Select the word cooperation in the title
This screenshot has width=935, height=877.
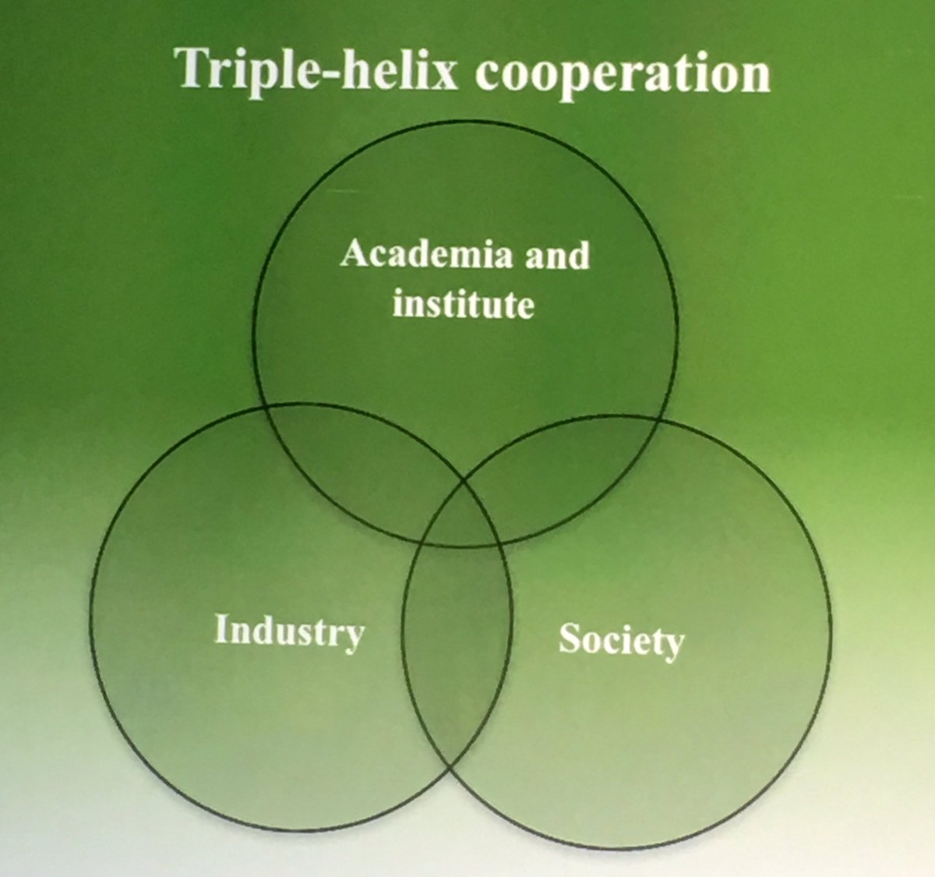tap(624, 74)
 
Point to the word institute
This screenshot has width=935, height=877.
tap(464, 304)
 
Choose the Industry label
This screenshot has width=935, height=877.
tap(288, 631)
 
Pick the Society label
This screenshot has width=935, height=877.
tap(621, 641)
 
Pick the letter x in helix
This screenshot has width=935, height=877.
tap(451, 75)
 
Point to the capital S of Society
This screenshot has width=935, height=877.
tap(570, 639)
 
